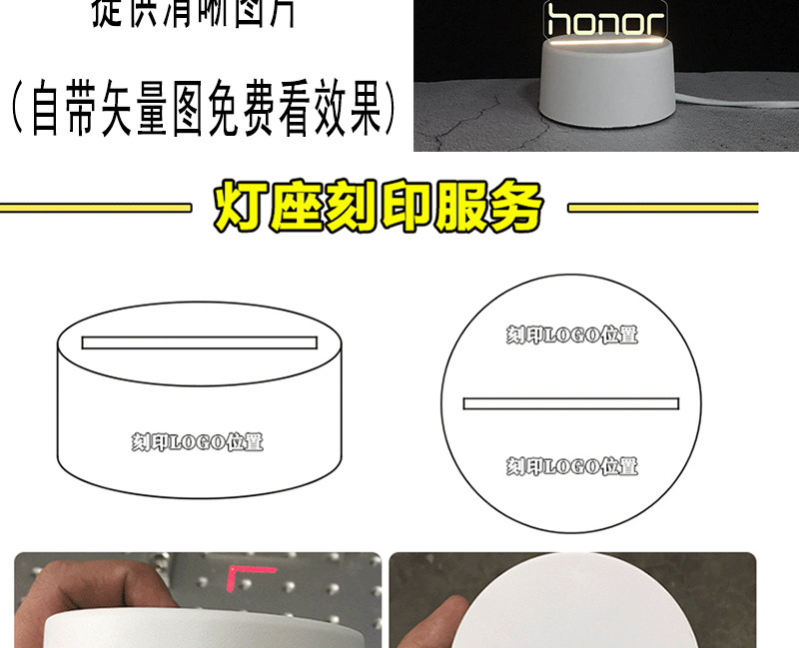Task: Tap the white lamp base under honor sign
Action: tap(604, 94)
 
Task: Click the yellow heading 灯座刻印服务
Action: tap(379, 208)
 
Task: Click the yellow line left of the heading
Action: tap(95, 209)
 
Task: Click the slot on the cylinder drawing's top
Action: tap(199, 342)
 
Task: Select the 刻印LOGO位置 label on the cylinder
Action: tap(198, 441)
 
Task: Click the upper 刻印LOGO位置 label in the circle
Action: tap(571, 334)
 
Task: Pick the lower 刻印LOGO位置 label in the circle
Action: tap(571, 465)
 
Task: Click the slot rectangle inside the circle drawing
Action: tap(571, 403)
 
